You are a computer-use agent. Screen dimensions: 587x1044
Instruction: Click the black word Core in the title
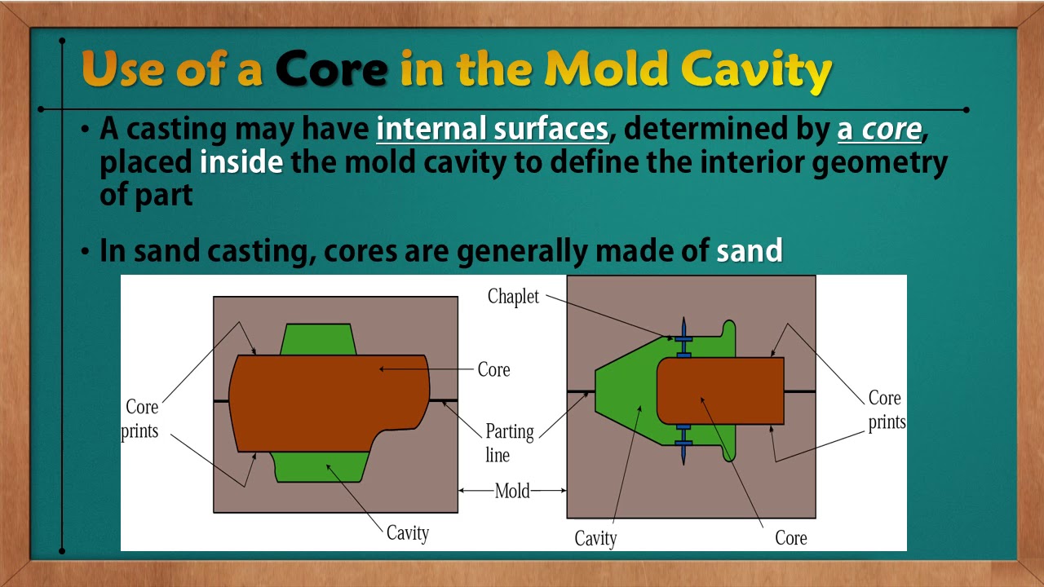330,70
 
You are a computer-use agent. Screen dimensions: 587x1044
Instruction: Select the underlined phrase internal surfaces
492,130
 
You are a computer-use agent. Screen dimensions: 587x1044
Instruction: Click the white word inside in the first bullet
241,162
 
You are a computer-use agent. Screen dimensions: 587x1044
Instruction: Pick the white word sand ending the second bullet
749,250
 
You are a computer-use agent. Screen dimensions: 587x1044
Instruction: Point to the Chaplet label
513,297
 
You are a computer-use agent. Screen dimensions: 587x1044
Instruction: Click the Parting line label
510,443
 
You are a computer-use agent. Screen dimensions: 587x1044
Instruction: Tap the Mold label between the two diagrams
512,491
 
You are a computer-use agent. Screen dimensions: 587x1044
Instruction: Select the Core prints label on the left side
140,418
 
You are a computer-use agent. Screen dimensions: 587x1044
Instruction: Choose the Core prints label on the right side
886,410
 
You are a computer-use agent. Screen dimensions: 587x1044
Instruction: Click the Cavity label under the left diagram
407,533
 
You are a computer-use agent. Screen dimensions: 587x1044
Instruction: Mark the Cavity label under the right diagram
595,538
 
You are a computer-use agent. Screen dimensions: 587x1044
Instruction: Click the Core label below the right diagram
790,538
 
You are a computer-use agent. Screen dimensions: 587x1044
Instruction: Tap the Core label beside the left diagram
493,369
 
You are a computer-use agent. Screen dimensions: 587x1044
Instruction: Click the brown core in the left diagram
326,403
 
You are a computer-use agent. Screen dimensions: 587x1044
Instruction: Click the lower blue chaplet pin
683,444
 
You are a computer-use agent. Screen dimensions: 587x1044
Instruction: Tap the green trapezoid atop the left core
319,340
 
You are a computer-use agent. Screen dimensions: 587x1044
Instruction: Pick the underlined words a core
879,130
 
